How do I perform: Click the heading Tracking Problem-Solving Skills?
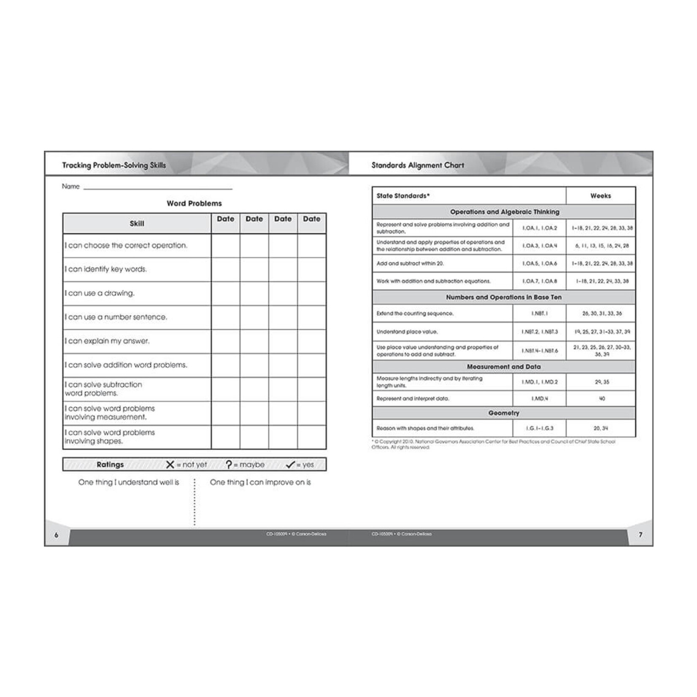[114, 165]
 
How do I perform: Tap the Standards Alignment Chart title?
[418, 165]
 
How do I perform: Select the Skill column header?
[137, 224]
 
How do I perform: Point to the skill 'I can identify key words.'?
[106, 269]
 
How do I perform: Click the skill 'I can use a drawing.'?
[100, 293]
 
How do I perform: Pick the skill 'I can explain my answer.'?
[107, 341]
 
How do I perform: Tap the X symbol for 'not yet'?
[170, 465]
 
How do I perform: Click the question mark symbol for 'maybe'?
[229, 465]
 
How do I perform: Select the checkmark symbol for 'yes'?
[290, 465]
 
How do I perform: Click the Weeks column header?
[600, 196]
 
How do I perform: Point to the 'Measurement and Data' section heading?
[504, 367]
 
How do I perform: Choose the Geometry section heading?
[504, 413]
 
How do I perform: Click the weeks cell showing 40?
[602, 399]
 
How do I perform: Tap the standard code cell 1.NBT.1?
[539, 313]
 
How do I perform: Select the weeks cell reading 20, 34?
[601, 428]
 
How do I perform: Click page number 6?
[57, 535]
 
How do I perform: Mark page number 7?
[640, 535]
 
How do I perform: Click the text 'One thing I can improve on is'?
[260, 482]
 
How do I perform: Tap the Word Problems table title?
[194, 203]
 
